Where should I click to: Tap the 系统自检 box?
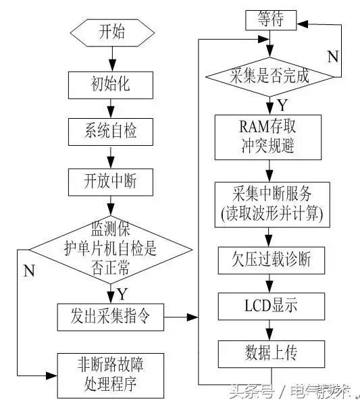111,132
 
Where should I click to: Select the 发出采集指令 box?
111,315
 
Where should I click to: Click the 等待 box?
269,20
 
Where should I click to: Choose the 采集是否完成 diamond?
269,76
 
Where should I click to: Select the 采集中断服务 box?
270,204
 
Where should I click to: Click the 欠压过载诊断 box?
270,258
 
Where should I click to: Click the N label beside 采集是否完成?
332,57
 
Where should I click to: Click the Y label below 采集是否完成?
282,105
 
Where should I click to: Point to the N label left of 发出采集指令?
29,271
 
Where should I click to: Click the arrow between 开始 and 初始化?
111,58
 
